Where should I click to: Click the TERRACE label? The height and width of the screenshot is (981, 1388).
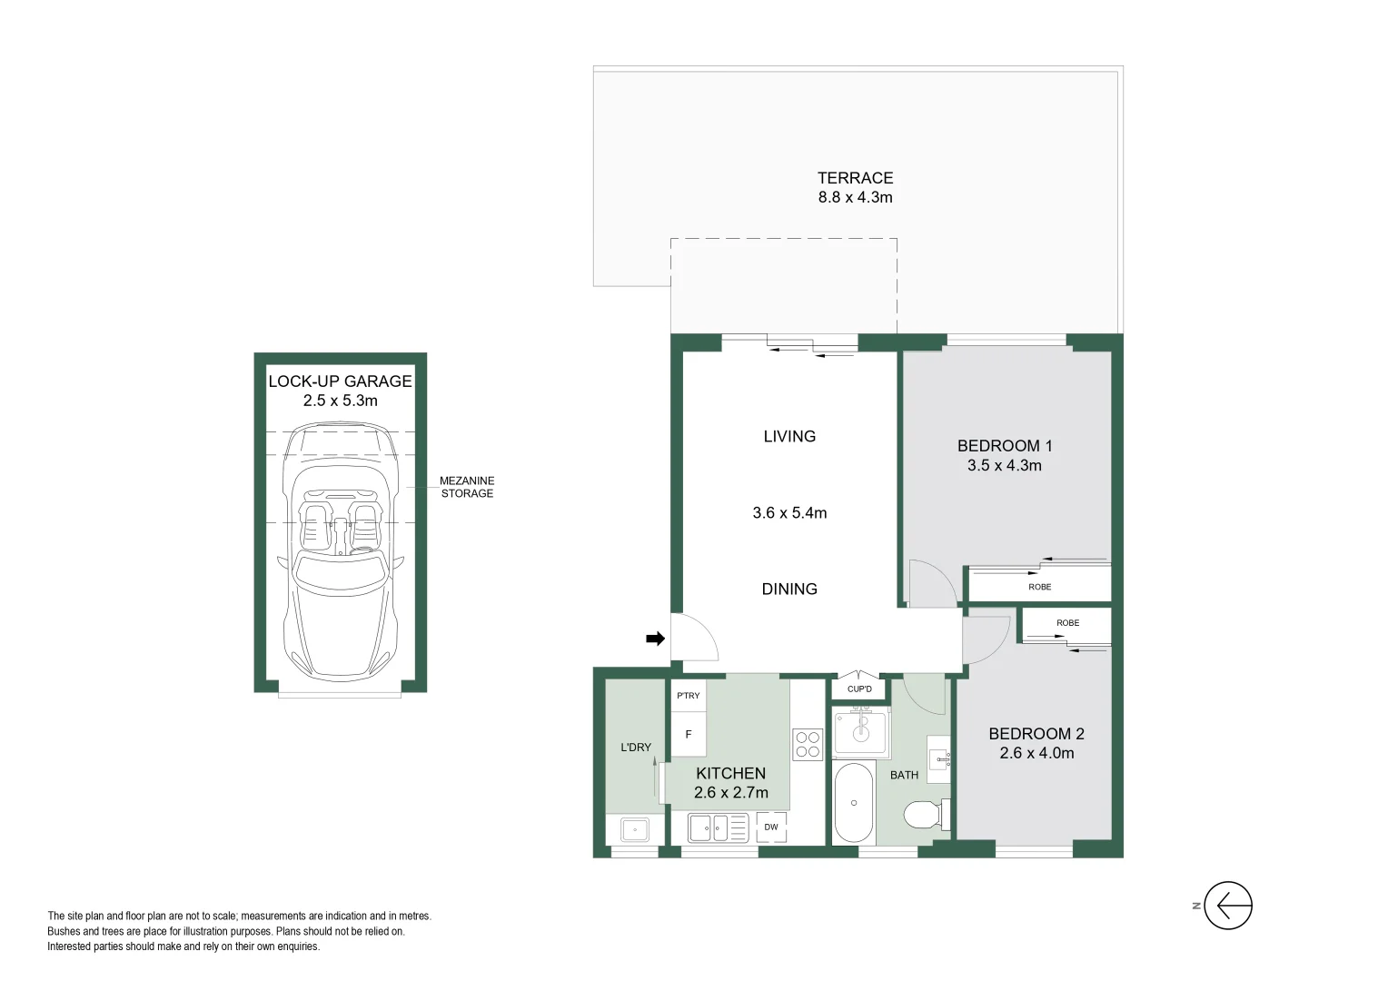[x=855, y=178]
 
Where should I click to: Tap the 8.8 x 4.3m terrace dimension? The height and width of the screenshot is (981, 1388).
[x=855, y=197]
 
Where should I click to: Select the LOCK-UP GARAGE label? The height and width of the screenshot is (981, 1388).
[x=340, y=381]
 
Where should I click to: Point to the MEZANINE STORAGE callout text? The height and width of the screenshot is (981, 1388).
[x=467, y=487]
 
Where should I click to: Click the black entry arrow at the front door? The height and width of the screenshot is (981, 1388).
[x=655, y=639]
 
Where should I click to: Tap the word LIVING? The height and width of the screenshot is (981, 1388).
[x=789, y=436]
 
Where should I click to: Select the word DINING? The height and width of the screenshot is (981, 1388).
[x=789, y=589]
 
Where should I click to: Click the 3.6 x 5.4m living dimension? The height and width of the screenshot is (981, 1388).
[x=789, y=512]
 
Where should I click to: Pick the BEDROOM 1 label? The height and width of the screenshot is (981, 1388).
[x=1005, y=446]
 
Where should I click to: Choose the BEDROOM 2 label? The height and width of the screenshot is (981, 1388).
[x=1036, y=734]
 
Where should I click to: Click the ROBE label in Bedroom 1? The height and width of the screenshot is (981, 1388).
[x=1040, y=587]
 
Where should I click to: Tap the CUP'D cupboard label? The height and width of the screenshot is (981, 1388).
[x=859, y=689]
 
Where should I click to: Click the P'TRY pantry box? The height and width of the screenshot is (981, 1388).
[x=689, y=696]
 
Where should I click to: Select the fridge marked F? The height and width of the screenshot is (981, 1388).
[x=689, y=734]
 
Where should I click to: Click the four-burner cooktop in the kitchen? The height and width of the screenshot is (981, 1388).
[x=808, y=744]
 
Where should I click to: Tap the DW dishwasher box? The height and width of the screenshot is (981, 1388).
[x=771, y=827]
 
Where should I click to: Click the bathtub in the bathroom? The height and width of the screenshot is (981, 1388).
[x=854, y=804]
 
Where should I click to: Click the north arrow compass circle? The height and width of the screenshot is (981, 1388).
[x=1228, y=906]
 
